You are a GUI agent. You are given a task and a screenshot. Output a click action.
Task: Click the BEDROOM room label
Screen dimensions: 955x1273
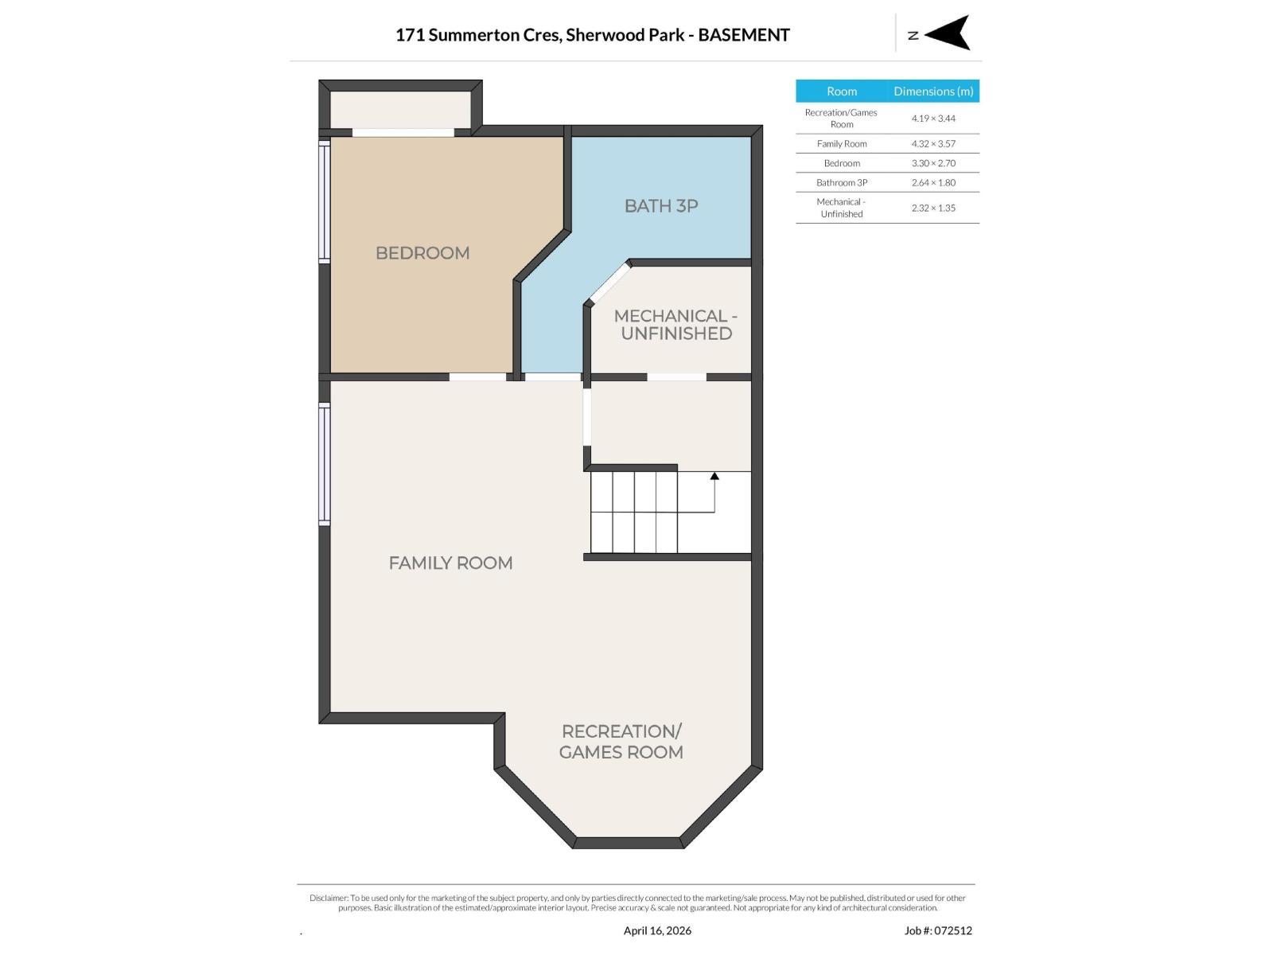coord(422,253)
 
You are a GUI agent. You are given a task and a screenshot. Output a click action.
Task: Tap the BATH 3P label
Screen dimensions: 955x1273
coord(661,206)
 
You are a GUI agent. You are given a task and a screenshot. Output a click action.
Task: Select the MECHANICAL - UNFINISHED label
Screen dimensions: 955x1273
coord(675,325)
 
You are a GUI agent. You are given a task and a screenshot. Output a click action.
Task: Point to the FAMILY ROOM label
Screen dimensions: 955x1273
coord(450,563)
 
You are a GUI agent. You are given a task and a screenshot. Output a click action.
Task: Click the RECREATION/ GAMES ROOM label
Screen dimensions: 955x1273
coord(621,742)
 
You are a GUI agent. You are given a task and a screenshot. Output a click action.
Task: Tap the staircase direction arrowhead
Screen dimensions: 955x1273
coord(714,476)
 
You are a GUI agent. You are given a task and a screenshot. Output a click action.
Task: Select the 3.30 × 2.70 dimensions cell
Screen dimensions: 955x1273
coord(933,163)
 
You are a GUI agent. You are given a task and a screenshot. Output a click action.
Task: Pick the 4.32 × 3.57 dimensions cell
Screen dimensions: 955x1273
coord(933,144)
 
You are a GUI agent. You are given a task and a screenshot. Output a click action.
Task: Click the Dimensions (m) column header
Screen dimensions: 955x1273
coord(933,92)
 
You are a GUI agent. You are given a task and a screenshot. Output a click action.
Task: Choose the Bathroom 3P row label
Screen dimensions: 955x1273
coord(842,182)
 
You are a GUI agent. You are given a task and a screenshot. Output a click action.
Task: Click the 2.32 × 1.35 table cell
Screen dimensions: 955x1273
coord(933,208)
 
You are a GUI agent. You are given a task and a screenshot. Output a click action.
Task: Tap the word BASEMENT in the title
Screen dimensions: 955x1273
coord(744,35)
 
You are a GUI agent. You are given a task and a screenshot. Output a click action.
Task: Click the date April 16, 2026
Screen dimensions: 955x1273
coord(657,930)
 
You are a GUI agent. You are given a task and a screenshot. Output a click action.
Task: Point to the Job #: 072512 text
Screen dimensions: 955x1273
coord(938,930)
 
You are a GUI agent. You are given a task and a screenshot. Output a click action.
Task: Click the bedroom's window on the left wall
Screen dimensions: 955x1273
coord(325,201)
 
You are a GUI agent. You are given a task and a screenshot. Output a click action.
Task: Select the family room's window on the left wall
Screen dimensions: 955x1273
coord(325,464)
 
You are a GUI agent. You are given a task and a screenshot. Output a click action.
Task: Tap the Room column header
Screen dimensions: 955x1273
coord(842,92)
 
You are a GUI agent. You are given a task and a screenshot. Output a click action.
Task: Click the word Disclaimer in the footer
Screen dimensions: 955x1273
coord(329,898)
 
